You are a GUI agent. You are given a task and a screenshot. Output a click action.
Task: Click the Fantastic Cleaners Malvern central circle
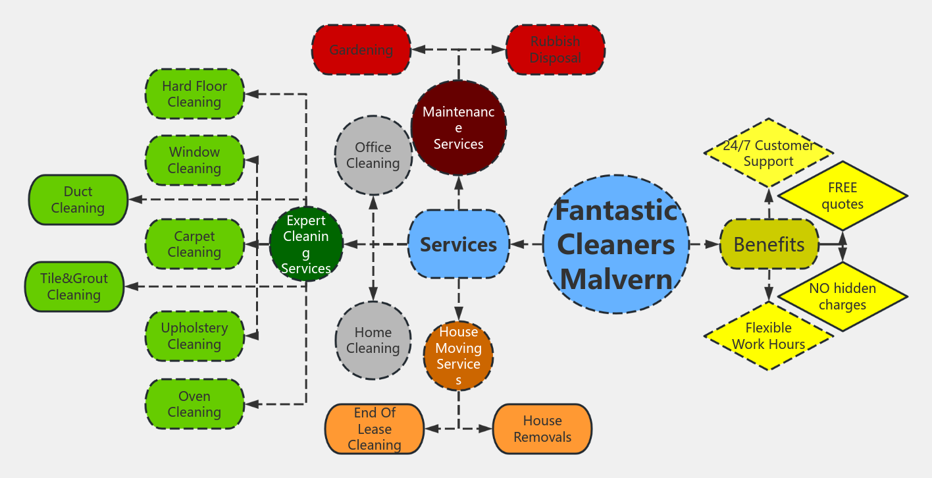(x=616, y=244)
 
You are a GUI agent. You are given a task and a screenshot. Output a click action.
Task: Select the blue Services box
(x=458, y=244)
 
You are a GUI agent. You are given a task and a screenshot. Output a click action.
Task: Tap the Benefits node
(x=769, y=244)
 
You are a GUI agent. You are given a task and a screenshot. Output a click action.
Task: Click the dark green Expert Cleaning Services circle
(x=306, y=244)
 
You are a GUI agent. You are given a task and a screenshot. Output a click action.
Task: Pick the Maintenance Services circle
(x=458, y=128)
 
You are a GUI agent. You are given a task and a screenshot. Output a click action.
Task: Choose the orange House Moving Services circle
(x=458, y=356)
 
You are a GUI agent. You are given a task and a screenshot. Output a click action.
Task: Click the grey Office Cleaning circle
(x=373, y=155)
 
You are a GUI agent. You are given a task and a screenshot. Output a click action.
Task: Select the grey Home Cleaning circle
(x=373, y=340)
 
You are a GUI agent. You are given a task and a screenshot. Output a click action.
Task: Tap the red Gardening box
(x=361, y=50)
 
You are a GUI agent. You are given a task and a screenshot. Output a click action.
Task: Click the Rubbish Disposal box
(x=555, y=50)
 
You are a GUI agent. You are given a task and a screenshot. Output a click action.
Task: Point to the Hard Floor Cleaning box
(x=194, y=94)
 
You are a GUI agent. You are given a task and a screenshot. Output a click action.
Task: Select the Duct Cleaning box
(x=78, y=199)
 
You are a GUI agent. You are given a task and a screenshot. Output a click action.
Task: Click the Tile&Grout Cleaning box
(x=74, y=286)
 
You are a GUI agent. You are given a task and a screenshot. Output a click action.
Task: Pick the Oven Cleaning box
(x=194, y=404)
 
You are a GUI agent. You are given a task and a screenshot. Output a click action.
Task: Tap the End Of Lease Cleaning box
(x=374, y=429)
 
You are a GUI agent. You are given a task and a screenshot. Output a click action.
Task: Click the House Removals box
(x=542, y=429)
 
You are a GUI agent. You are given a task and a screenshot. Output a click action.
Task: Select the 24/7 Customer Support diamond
(x=768, y=153)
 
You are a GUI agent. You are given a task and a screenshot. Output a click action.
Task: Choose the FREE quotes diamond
(x=842, y=196)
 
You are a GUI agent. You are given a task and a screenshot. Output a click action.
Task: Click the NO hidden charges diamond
(x=842, y=297)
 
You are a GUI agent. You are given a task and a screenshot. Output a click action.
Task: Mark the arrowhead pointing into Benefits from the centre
(x=713, y=244)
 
